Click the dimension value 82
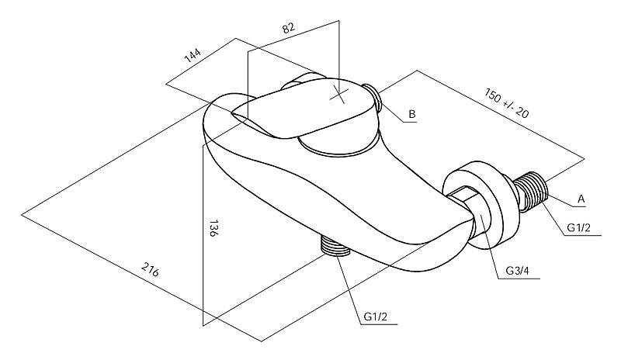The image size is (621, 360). coord(289,28)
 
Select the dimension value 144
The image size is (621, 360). coord(193,56)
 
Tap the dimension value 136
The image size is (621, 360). coord(213,228)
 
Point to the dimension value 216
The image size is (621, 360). coord(150,269)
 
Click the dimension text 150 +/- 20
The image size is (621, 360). coord(507,103)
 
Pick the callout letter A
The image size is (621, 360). coord(581,199)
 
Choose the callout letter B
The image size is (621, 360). coord(412,114)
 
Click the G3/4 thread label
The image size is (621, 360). coord(518,271)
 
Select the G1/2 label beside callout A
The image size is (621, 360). coord(578,228)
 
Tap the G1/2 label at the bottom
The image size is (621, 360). coord(376,317)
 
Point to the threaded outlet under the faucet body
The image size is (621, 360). coord(335,247)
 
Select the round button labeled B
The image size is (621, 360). coord(373,96)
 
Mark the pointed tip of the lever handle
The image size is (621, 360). coord(232,113)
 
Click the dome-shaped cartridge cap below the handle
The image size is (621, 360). coord(341,144)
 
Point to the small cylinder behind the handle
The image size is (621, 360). coord(301,82)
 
